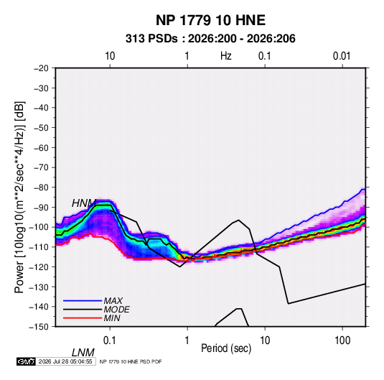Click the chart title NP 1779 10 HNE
(210, 20)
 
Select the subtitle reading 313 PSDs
(151, 39)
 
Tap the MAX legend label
(113, 301)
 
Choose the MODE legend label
(116, 310)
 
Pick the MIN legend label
(112, 318)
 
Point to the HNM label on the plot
(84, 203)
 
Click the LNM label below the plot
(83, 353)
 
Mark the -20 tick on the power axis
(42, 68)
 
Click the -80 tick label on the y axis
(42, 187)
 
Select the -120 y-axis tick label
(39, 267)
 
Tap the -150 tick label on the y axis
(39, 327)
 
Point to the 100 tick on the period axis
(342, 340)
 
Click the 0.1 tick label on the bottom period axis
(110, 340)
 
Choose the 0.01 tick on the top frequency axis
(342, 56)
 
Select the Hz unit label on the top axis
(226, 56)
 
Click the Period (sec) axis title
(226, 348)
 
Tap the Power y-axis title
(19, 198)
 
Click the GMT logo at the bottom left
(27, 361)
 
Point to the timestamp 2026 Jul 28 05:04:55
(65, 361)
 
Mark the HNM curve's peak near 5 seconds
(238, 220)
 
